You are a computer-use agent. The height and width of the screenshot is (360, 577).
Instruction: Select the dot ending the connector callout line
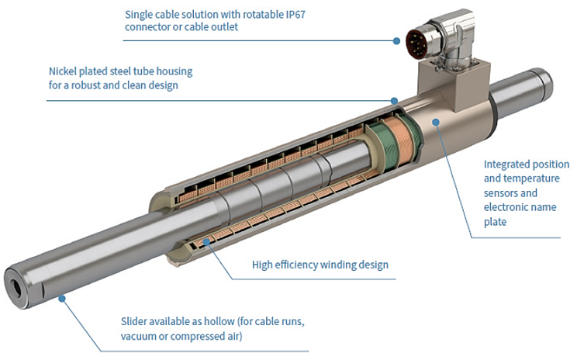point(396,38)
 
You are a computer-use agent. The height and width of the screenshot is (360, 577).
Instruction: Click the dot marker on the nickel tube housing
point(395,100)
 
